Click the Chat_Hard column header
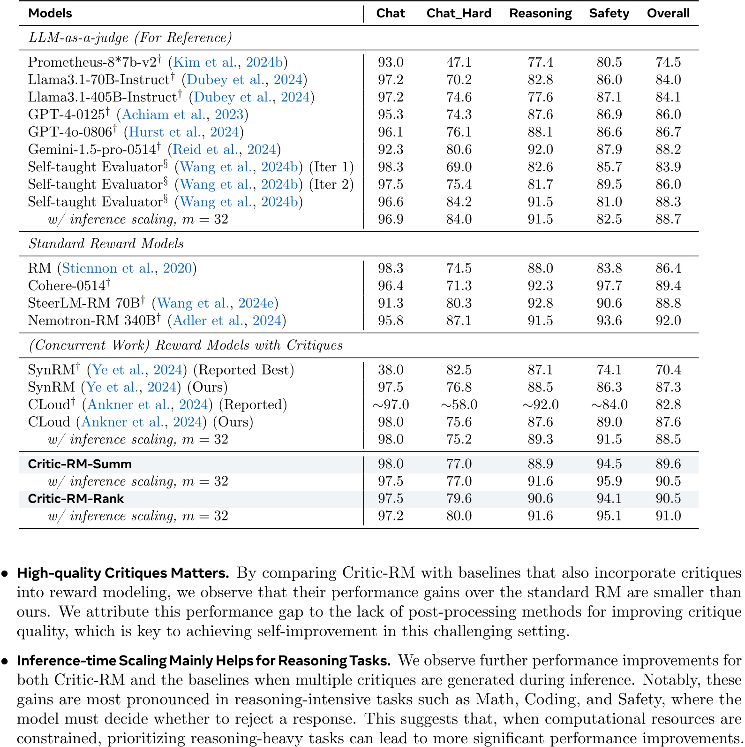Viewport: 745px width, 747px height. pyautogui.click(x=459, y=13)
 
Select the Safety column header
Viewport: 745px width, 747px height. pyautogui.click(x=609, y=13)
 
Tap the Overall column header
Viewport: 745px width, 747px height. pyautogui.click(x=668, y=13)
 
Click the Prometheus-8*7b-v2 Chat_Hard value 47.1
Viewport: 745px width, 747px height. pyautogui.click(x=459, y=62)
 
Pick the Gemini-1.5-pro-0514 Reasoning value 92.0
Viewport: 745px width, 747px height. pyautogui.click(x=540, y=150)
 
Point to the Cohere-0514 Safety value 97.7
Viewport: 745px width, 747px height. pyautogui.click(x=609, y=286)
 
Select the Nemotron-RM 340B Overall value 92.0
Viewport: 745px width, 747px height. pyautogui.click(x=668, y=320)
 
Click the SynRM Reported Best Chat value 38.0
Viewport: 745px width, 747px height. pyautogui.click(x=391, y=370)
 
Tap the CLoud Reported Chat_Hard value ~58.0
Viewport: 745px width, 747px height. pyautogui.click(x=459, y=404)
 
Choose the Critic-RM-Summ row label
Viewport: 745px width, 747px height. pyautogui.click(x=80, y=464)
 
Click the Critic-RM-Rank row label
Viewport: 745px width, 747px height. pyautogui.click(x=75, y=499)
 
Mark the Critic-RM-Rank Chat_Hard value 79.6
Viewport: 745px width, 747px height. pyautogui.click(x=459, y=499)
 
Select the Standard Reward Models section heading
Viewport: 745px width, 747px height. pyautogui.click(x=106, y=244)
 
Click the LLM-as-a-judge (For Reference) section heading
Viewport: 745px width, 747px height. pyautogui.click(x=130, y=38)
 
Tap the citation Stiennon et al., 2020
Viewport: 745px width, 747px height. pyautogui.click(x=127, y=268)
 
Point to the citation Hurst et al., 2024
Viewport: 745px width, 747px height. pyautogui.click(x=183, y=132)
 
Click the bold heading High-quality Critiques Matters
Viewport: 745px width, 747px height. pyautogui.click(x=123, y=573)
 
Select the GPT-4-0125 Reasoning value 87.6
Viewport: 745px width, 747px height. pyautogui.click(x=540, y=115)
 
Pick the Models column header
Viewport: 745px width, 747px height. pyautogui.click(x=50, y=13)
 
